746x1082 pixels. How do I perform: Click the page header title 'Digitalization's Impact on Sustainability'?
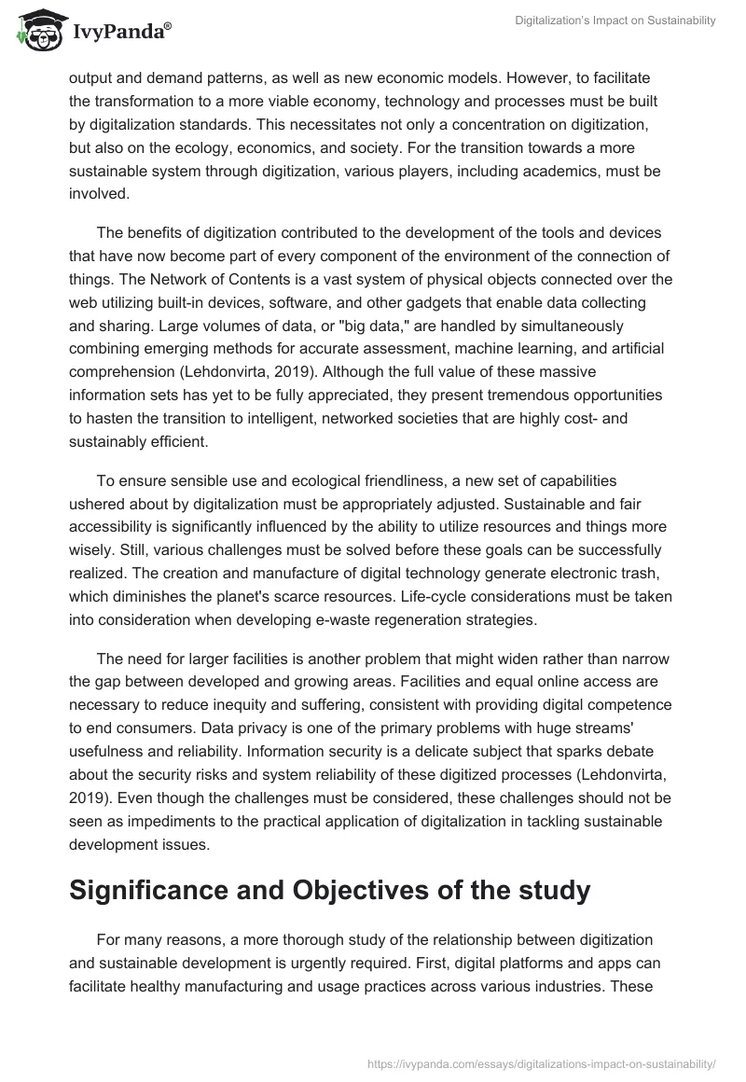[x=615, y=21]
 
